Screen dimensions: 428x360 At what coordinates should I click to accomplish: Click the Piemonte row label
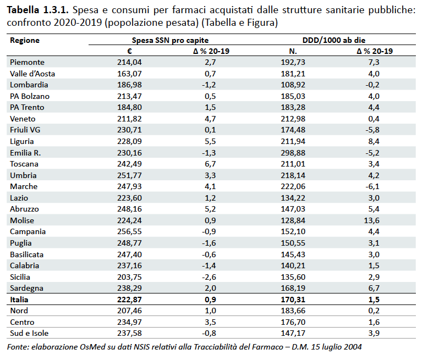click(x=27, y=62)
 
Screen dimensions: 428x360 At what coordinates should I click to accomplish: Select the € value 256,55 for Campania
click(x=129, y=231)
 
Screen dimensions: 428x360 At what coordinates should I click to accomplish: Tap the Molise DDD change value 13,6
click(x=371, y=220)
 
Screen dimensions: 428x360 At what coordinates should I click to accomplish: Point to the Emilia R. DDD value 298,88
click(x=293, y=153)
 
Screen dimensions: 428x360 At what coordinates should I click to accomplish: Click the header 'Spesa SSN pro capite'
click(x=170, y=40)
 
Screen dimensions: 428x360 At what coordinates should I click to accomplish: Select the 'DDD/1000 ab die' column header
click(x=333, y=40)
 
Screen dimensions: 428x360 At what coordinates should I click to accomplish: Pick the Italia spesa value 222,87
click(x=129, y=300)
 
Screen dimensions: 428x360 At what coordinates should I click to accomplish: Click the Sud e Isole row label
click(x=29, y=333)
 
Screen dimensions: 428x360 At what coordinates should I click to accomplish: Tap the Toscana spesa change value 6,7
click(x=210, y=164)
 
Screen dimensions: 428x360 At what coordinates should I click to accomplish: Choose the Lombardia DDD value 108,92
click(x=293, y=85)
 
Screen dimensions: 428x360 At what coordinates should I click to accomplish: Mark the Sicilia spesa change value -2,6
click(x=209, y=277)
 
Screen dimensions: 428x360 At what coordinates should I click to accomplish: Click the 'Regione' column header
click(x=25, y=40)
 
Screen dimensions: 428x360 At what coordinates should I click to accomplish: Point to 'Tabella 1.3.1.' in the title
click(x=37, y=10)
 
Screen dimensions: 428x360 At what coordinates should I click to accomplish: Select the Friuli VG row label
click(x=25, y=130)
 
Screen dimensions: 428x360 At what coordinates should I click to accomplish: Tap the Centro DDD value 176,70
click(x=293, y=322)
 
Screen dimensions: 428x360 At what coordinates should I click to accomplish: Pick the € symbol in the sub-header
click(x=129, y=51)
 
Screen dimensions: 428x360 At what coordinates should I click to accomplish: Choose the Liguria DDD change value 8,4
click(x=374, y=141)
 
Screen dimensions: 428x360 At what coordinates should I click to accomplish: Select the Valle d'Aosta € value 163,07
click(x=129, y=74)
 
